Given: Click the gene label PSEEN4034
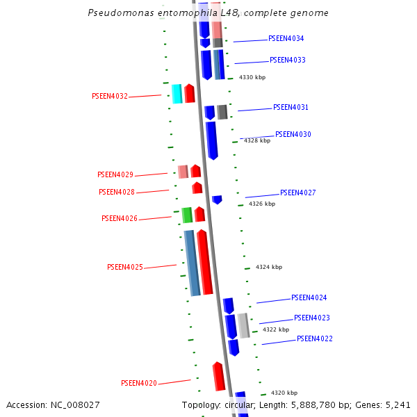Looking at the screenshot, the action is click(286, 39).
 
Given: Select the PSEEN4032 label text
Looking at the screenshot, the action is click(110, 97).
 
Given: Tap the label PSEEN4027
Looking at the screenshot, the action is click(298, 193).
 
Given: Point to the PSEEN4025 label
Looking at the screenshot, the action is click(125, 268).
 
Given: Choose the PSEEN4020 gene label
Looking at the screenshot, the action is click(139, 383).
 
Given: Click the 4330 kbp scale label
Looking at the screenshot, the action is click(252, 78).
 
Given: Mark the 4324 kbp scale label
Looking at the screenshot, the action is click(269, 267).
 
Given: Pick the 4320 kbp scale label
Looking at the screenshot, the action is click(284, 393).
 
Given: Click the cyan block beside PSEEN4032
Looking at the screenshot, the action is click(177, 94).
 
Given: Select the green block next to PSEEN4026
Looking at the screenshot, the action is click(186, 215).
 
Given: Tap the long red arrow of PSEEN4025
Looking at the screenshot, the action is click(204, 262).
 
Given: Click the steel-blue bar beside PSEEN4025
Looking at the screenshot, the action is click(192, 263).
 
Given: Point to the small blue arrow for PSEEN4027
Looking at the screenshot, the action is click(217, 199).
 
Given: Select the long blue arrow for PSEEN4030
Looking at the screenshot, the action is click(211, 140).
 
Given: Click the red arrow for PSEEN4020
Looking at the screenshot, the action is click(219, 376).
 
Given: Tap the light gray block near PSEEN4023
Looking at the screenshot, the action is click(243, 325).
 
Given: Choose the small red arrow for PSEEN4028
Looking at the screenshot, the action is click(197, 188).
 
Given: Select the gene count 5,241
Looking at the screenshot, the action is click(397, 405).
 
